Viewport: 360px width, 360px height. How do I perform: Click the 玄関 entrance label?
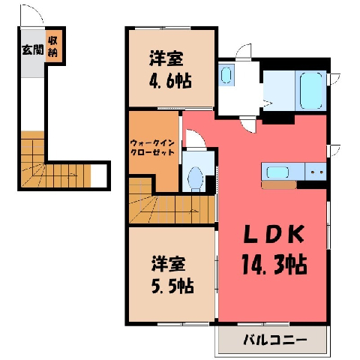coord(33,49)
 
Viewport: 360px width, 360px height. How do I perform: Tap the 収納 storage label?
coord(52,46)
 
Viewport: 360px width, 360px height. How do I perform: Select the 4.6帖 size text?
coord(170,81)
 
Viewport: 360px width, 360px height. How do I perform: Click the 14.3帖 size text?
coord(274,265)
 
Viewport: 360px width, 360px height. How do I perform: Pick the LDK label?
coord(274,234)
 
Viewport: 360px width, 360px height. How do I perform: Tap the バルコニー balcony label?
coord(275,340)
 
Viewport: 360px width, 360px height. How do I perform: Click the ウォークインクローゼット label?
coord(152,148)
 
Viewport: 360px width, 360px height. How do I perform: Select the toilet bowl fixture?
coord(195,178)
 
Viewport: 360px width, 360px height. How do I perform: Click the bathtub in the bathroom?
coord(311,91)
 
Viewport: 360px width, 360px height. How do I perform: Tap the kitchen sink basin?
coord(277,172)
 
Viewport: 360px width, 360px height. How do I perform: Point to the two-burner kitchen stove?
coord(316,172)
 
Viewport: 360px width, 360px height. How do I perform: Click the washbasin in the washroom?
coord(226,75)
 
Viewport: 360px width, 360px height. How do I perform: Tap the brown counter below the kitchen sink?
coord(279,185)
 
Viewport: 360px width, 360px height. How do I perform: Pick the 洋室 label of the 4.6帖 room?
coord(166,58)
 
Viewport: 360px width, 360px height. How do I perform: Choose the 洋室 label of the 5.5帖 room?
coord(168,264)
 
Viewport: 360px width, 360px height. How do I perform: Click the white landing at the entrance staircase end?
coord(99,175)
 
